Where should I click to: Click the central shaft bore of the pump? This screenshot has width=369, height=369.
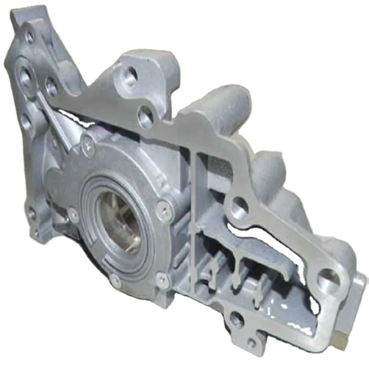pyautogui.click(x=121, y=220)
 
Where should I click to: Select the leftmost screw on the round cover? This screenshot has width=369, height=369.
pyautogui.click(x=73, y=213)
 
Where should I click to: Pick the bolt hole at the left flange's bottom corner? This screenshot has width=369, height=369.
pyautogui.click(x=31, y=213)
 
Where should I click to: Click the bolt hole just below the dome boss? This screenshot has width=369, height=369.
pyautogui.click(x=240, y=207)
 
